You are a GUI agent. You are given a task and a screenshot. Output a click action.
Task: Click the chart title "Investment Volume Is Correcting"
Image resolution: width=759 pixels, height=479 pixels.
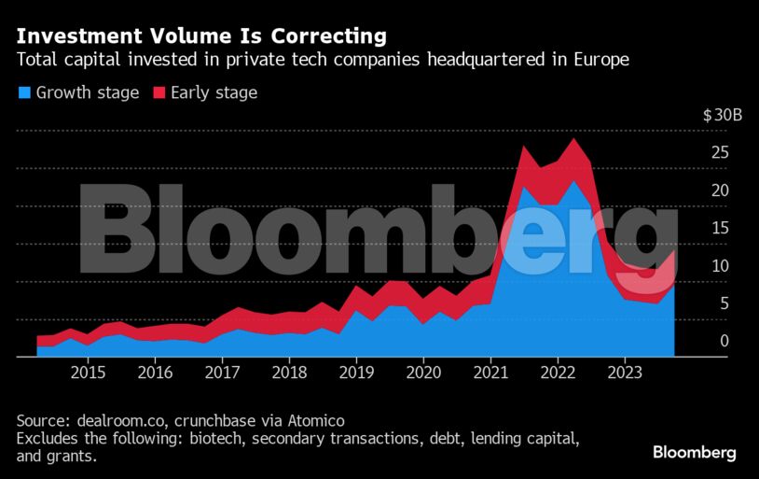(x=200, y=36)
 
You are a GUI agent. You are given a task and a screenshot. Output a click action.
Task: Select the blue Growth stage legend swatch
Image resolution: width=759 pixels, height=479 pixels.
(x=23, y=92)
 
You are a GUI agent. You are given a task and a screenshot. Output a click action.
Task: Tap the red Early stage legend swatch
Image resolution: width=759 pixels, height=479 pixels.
(x=158, y=92)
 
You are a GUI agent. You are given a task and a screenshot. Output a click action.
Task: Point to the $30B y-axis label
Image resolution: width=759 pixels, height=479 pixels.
(x=722, y=116)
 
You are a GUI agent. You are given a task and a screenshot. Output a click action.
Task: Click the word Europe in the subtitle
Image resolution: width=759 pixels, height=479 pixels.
(x=599, y=61)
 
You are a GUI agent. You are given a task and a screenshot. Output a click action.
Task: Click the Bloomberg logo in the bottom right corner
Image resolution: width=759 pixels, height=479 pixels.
(x=694, y=453)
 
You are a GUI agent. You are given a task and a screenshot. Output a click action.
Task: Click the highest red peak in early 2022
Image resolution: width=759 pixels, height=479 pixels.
(x=573, y=140)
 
